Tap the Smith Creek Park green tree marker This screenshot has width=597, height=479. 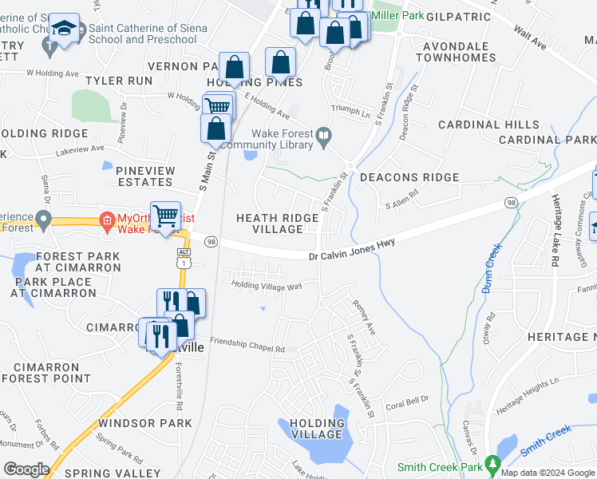click(x=493, y=463)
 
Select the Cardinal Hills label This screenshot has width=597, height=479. click(x=488, y=125)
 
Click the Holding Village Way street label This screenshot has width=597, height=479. click(x=267, y=285)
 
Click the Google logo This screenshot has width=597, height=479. click(x=26, y=469)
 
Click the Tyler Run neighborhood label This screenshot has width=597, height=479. click(x=119, y=81)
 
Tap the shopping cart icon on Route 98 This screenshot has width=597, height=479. click(x=164, y=215)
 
